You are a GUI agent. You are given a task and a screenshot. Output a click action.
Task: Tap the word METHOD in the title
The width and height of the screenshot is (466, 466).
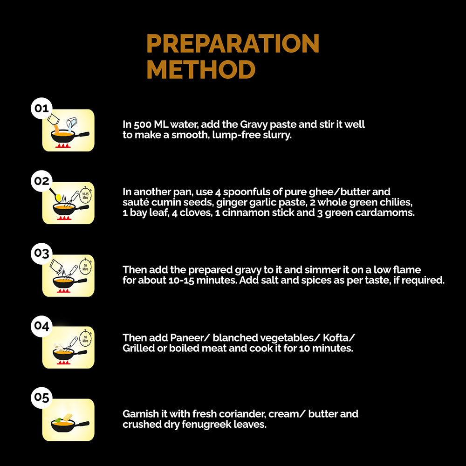[x=201, y=69]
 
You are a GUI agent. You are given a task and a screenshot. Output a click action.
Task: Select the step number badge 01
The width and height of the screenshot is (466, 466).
[x=41, y=108]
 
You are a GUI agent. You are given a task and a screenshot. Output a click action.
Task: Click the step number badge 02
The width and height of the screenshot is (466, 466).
[x=41, y=181]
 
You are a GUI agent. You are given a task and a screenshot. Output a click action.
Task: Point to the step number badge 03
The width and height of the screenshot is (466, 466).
[x=41, y=254]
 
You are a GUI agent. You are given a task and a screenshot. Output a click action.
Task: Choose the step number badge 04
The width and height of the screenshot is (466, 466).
[x=41, y=326]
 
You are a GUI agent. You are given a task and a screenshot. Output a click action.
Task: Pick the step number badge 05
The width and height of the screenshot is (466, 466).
[x=41, y=397]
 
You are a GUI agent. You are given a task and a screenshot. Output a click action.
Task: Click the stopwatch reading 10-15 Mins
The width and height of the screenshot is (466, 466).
[x=85, y=195]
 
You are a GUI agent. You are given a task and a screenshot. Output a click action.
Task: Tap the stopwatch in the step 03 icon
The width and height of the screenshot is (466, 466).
[x=85, y=267]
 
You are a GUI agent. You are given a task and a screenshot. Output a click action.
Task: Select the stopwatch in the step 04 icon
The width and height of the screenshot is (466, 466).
[x=85, y=339]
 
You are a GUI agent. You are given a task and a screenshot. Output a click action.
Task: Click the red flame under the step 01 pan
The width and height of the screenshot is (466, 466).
[x=63, y=145]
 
